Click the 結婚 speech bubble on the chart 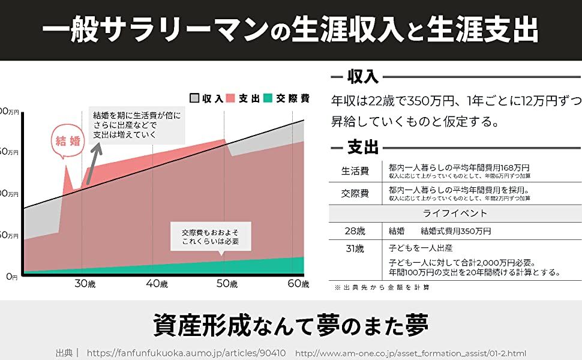click(67, 142)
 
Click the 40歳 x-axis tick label click(157, 284)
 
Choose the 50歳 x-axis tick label click(227, 284)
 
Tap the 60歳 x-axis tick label click(298, 284)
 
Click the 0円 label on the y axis click(12, 277)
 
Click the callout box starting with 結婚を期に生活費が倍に click(137, 125)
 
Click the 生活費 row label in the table click(355, 172)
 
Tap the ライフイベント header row click(455, 214)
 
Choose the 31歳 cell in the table click(355, 248)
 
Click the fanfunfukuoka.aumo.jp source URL click(186, 353)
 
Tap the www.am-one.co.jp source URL click(410, 353)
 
